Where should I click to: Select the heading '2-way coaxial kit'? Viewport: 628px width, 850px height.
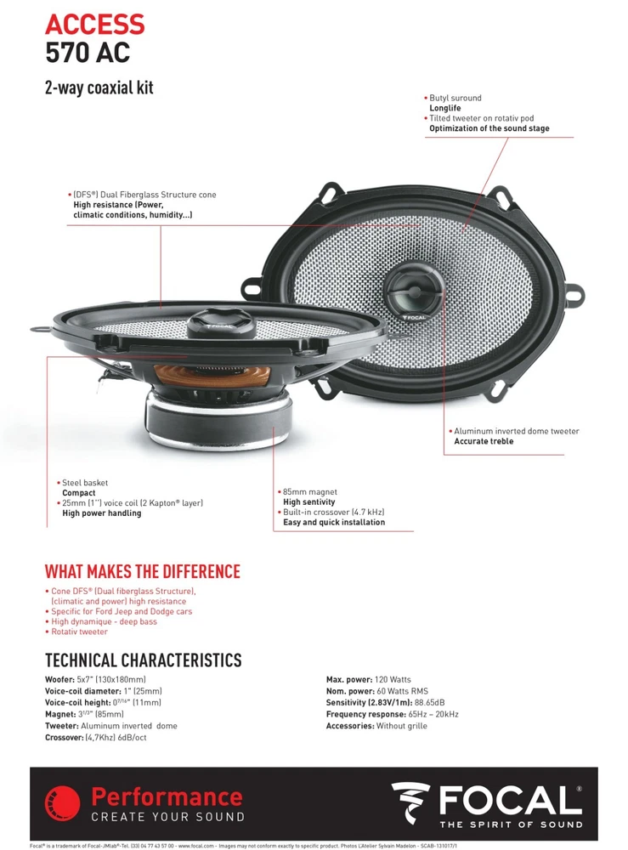point(99,88)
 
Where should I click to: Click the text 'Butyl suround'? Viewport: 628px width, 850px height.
point(457,99)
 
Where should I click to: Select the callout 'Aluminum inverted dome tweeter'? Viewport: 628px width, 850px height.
point(516,431)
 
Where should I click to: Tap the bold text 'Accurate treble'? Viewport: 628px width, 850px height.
point(484,442)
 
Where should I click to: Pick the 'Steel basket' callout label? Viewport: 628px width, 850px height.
point(84,483)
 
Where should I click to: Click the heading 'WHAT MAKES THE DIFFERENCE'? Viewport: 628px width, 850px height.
point(142,571)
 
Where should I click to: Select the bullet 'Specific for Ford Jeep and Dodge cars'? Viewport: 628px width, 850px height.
point(122,611)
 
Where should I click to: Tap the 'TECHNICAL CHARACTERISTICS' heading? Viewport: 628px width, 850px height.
point(143,660)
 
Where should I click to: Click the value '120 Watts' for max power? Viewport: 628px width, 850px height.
point(393,680)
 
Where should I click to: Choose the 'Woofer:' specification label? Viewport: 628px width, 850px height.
point(59,680)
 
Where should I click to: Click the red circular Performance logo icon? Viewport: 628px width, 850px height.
point(62,804)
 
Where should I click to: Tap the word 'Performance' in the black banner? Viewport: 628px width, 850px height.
point(167,797)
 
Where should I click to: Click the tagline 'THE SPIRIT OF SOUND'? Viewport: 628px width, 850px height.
point(510,824)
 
